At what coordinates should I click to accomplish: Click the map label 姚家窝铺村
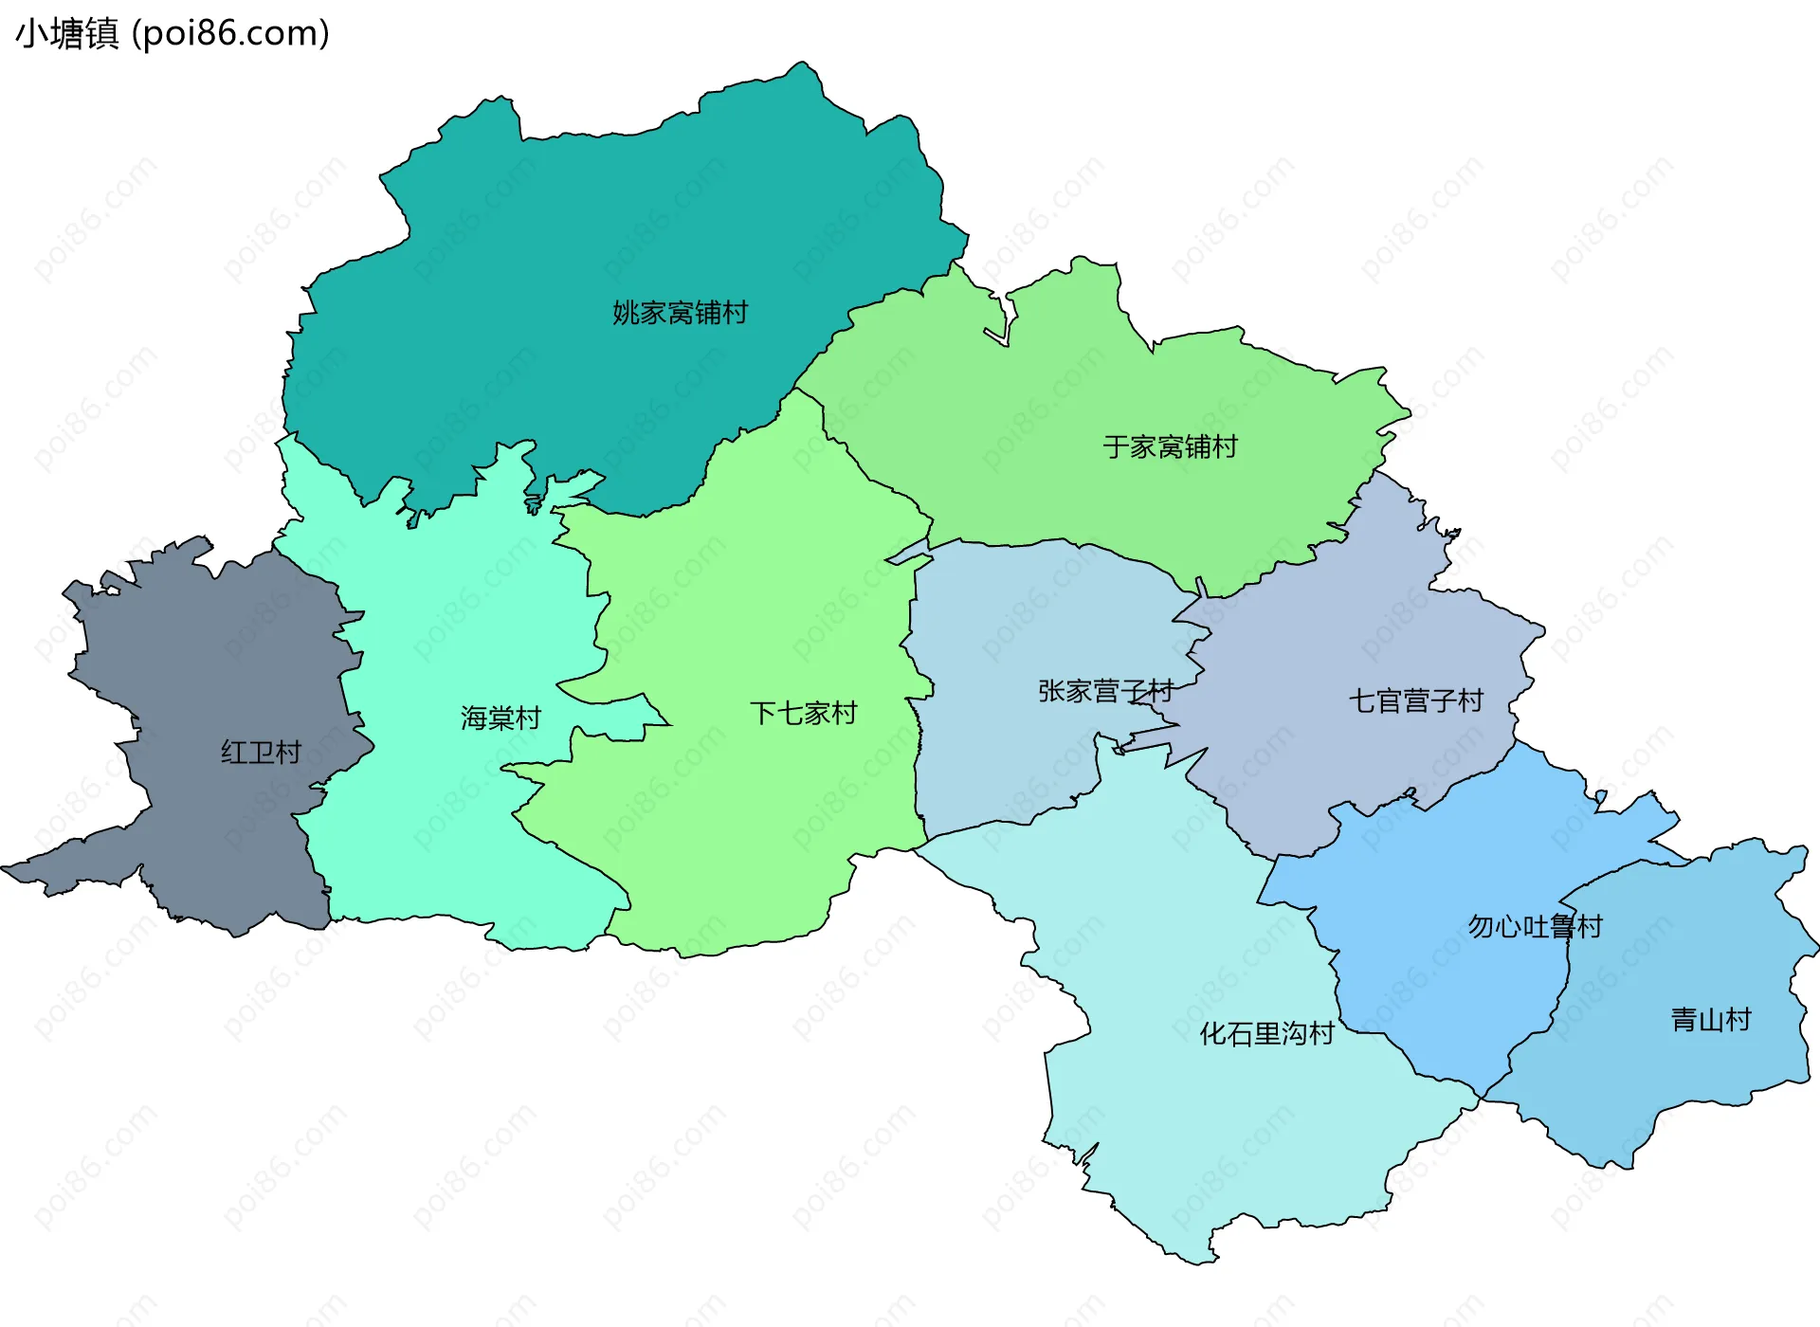point(680,313)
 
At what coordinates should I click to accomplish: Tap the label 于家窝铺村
point(1170,446)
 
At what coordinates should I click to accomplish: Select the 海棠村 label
point(500,718)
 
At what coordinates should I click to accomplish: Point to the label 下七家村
point(803,713)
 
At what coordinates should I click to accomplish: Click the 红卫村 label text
point(261,753)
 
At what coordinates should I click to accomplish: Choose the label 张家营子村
point(1105,691)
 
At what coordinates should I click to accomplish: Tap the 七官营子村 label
point(1415,701)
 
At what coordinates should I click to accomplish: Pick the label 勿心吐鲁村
point(1535,926)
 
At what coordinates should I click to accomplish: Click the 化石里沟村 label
point(1266,1033)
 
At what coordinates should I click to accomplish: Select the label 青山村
point(1710,1020)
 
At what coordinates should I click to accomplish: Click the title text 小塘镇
point(67,34)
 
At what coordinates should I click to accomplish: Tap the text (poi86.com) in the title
point(230,34)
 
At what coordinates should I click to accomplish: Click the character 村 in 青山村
point(1738,1020)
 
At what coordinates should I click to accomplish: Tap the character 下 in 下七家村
point(763,713)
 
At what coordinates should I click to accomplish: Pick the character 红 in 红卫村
point(234,753)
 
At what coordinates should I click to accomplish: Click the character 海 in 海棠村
point(474,718)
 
